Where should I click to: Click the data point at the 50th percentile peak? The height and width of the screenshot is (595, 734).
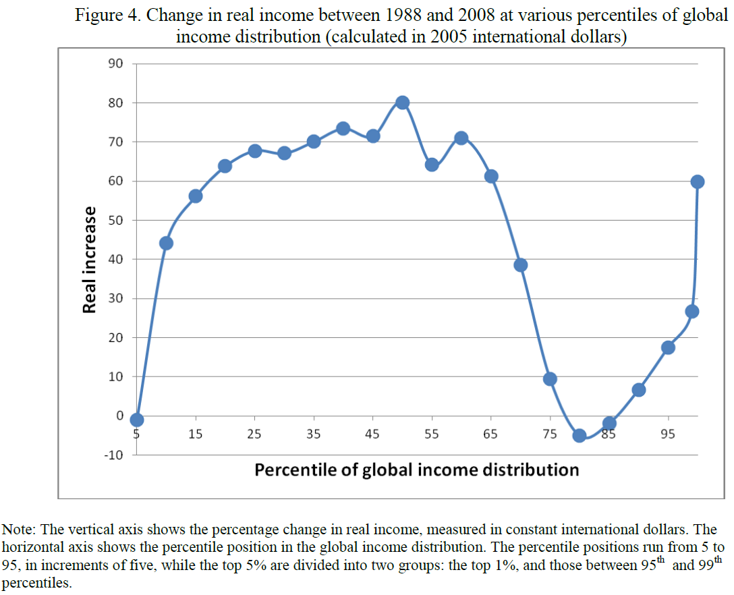403,103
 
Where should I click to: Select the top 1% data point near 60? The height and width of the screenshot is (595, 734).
698,181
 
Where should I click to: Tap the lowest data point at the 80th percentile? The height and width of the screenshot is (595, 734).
580,436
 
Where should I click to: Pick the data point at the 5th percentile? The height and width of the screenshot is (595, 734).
137,420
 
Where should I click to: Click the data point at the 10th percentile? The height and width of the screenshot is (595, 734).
166,243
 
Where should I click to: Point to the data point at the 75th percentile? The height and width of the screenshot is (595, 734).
550,379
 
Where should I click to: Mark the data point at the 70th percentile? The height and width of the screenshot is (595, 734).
521,265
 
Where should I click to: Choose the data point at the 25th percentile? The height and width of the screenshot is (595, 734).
255,150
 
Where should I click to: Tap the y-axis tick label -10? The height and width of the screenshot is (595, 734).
113,455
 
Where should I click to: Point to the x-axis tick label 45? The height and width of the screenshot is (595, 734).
372,434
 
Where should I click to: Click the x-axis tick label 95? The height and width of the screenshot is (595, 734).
668,434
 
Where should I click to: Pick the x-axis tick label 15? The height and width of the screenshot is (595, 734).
196,434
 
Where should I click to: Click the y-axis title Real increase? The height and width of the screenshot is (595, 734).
88,260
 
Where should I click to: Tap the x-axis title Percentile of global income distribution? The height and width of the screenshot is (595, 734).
416,470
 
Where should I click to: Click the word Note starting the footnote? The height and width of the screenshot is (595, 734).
18,530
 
